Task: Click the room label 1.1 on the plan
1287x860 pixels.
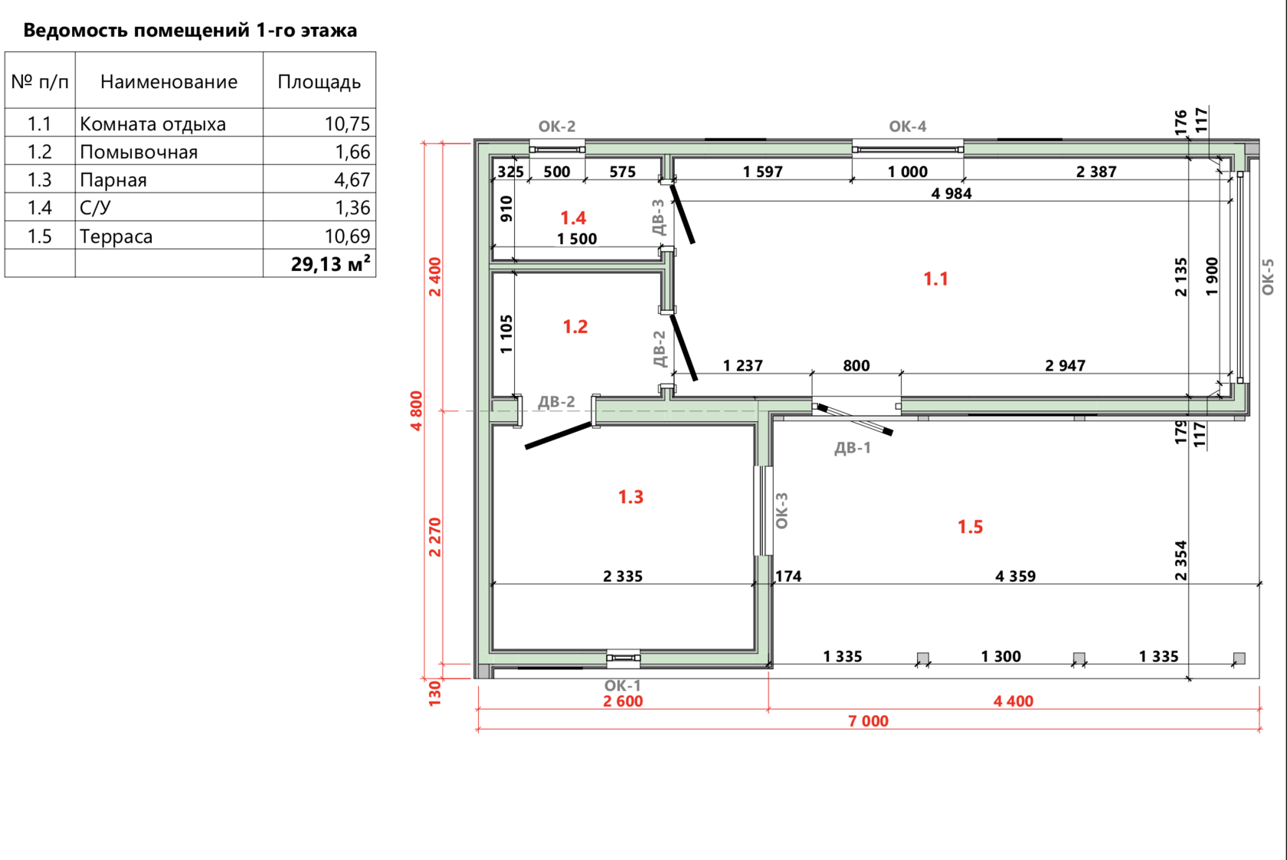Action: click(x=935, y=280)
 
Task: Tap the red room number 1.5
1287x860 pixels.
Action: click(x=971, y=527)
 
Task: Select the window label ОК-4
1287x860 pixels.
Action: click(x=908, y=126)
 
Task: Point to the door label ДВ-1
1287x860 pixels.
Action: click(x=853, y=448)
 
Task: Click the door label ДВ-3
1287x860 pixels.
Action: click(x=659, y=217)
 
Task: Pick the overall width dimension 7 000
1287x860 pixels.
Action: click(x=868, y=721)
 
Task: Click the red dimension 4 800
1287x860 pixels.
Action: click(x=417, y=410)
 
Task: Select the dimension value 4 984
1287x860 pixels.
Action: click(x=951, y=194)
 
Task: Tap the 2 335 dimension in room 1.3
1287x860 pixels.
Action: click(x=623, y=576)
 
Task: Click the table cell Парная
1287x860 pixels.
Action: click(x=113, y=181)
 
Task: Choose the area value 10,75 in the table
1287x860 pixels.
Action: click(x=348, y=124)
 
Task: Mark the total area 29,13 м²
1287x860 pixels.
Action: click(x=330, y=263)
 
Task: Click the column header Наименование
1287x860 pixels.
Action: click(x=169, y=82)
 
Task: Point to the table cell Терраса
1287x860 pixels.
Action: click(x=116, y=236)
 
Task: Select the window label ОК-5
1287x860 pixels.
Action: click(x=1267, y=277)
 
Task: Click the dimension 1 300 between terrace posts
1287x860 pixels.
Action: click(x=1000, y=656)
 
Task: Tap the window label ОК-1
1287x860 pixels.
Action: click(x=622, y=685)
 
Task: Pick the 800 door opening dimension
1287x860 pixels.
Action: click(x=856, y=366)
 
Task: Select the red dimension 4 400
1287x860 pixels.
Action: click(x=1014, y=701)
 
